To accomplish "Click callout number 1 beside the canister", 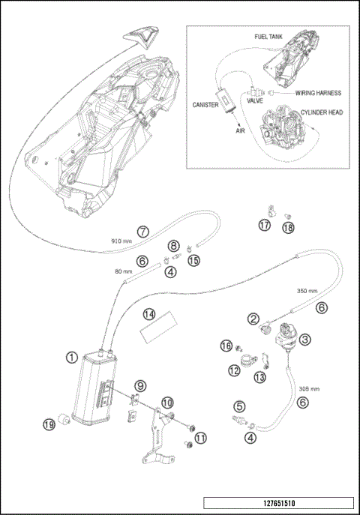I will coord(71,358).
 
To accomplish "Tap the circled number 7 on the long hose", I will coord(142,231).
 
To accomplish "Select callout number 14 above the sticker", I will coord(149,313).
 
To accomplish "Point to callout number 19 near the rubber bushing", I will coord(49,425).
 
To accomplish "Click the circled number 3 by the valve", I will coord(304,339).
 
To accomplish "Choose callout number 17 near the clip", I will coord(265,224).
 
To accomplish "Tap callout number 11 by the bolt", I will coord(199,438).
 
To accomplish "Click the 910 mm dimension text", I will coord(121,241).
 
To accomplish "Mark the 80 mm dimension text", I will coord(123,271).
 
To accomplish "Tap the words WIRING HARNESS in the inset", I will coord(319,94).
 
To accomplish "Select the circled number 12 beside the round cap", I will coord(234,369).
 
